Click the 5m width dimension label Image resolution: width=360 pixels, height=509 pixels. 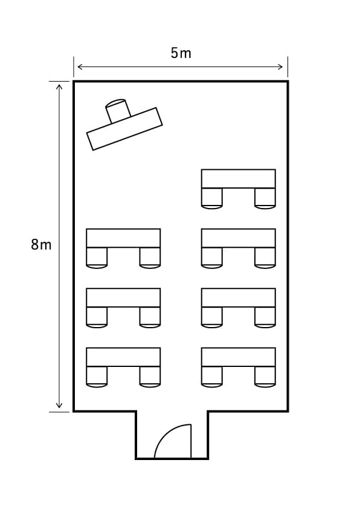181,53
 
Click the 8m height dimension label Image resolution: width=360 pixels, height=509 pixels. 41,244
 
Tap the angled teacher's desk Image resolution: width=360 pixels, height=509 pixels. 124,129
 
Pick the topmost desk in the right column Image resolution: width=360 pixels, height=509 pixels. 239,178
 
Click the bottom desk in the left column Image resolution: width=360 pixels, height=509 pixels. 123,357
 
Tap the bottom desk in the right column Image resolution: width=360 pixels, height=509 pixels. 239,357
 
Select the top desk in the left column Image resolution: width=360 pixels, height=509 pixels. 123,238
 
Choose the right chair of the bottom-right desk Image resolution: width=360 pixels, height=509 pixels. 265,377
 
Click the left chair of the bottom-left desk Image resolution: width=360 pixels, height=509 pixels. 97,377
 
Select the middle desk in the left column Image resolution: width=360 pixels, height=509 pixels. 123,297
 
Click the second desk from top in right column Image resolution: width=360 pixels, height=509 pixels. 239,238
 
